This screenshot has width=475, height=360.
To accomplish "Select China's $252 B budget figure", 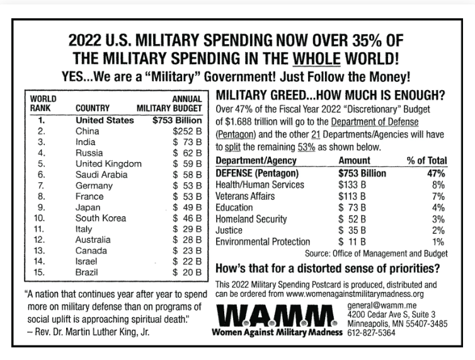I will [187, 131].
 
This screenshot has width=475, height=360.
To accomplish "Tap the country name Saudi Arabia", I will [102, 174].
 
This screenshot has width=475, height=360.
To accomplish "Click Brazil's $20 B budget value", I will [187, 272].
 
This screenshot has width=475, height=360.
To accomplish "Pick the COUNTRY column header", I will [93, 108].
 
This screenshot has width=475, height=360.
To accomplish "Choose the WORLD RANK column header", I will [43, 103].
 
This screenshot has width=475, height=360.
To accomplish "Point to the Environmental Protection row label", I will [263, 241].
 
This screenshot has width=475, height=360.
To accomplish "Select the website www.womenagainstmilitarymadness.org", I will [355, 293].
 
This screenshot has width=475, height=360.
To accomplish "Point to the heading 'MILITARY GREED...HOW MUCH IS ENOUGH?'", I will [330, 96].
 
